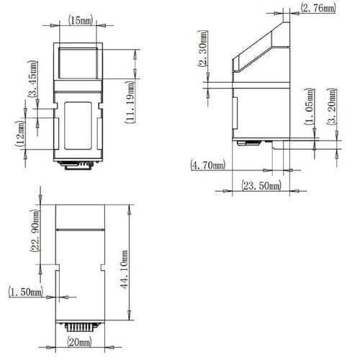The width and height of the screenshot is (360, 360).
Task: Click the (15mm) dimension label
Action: coord(81,20)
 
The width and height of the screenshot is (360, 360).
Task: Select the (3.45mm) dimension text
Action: coord(32,78)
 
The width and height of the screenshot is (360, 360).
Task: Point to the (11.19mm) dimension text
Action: coord(130,102)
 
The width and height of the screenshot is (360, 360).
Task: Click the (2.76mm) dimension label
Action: coord(318,8)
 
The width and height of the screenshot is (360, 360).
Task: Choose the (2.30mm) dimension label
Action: coord(203,49)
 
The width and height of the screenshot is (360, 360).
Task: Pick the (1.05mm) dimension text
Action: coord(310,107)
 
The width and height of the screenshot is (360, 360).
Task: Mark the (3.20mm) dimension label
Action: coord(331,107)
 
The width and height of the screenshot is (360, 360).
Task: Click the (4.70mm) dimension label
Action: coord(208,165)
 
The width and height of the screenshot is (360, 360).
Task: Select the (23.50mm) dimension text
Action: coord(261,186)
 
